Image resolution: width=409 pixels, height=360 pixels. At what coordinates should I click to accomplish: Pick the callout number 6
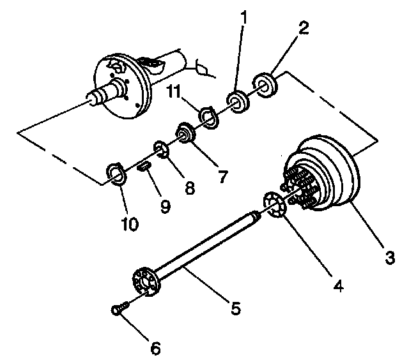[x=156, y=348]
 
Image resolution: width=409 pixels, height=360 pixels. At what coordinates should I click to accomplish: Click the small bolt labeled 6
[x=118, y=310]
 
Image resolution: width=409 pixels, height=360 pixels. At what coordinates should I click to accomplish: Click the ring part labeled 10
[x=115, y=173]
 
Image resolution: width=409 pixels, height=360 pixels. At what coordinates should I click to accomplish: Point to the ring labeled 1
[x=238, y=101]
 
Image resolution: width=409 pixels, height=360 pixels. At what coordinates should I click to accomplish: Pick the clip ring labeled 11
[x=208, y=117]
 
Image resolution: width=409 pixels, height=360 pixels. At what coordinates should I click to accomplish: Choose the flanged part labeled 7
[x=186, y=135]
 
